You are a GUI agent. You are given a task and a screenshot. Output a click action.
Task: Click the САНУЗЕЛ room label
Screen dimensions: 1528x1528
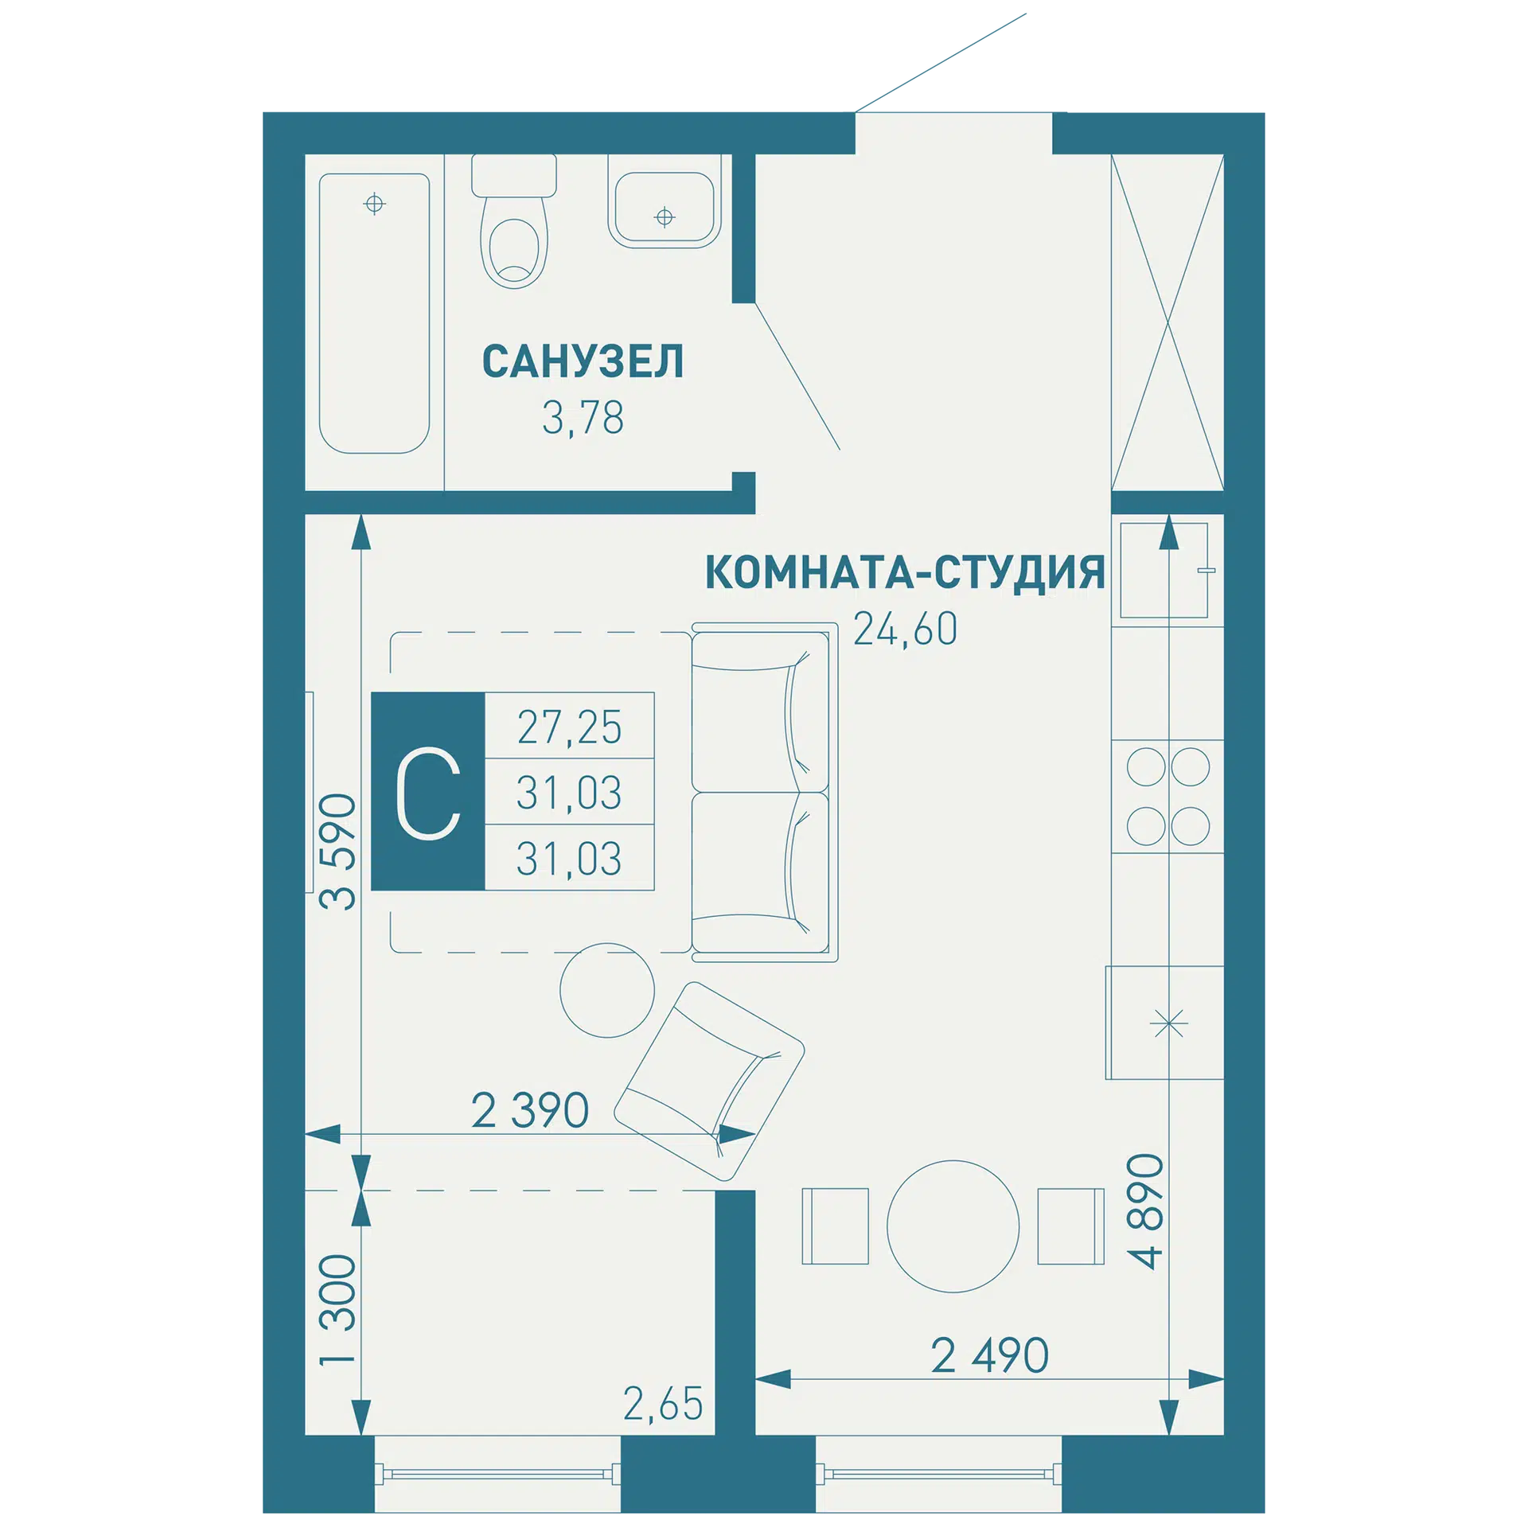tap(583, 361)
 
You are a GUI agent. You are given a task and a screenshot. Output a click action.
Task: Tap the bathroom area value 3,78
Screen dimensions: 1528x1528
tap(583, 417)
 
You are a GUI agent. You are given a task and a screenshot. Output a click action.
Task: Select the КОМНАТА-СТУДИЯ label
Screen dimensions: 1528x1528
tap(905, 572)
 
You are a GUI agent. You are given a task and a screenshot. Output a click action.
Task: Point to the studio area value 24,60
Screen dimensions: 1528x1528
tap(905, 629)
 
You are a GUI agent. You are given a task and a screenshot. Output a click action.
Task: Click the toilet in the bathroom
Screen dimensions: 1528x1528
tap(514, 220)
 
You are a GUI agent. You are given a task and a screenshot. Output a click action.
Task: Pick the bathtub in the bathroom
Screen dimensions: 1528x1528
tap(374, 314)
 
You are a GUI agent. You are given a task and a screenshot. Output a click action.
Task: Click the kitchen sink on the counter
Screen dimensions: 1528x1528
tap(1164, 570)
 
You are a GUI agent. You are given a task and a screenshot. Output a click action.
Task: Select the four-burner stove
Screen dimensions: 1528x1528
tap(1167, 796)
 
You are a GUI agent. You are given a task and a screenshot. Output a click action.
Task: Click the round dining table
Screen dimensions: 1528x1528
tap(953, 1226)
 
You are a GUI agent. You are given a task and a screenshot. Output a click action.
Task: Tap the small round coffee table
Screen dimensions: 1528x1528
tap(607, 990)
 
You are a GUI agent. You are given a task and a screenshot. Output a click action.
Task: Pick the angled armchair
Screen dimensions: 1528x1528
tap(709, 1082)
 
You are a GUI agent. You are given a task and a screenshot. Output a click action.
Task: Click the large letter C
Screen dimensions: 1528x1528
tap(428, 793)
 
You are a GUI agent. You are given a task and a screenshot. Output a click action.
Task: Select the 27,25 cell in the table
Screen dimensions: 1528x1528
tap(569, 727)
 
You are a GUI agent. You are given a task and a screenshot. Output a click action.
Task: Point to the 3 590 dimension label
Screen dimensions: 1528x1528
tap(337, 851)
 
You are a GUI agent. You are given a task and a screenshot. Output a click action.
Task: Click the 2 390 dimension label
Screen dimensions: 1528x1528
tap(530, 1111)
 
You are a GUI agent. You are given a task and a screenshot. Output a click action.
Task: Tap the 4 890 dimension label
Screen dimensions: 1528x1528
tap(1145, 1210)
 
